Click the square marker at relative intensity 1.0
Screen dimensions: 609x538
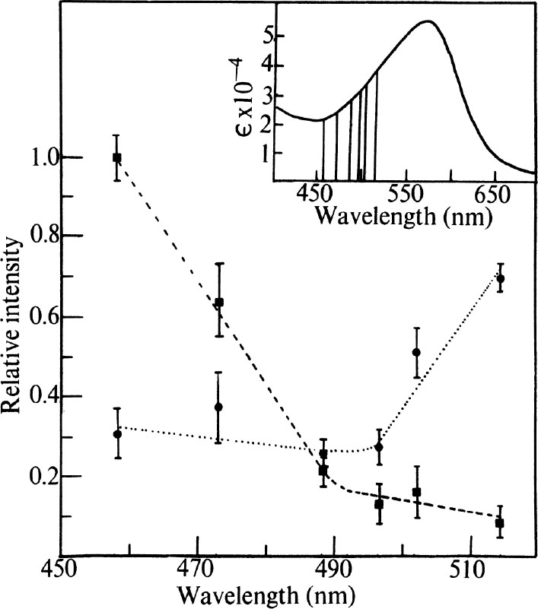point(117,157)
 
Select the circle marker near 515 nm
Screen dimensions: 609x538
point(501,279)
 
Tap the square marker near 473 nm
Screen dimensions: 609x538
point(219,303)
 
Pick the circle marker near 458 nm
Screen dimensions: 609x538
point(117,434)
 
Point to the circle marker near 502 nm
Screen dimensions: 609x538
point(416,352)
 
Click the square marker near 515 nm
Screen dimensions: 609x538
point(500,523)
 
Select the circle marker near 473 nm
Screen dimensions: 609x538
point(218,407)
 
